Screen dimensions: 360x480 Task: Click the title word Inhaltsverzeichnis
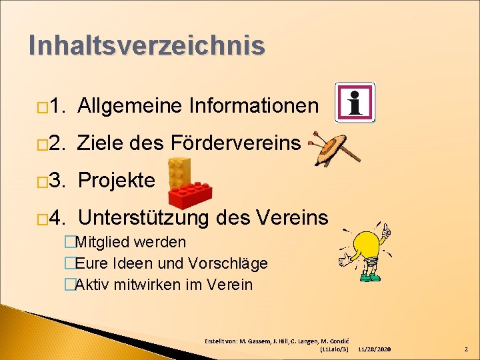[x=147, y=45]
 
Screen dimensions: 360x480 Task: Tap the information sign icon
[x=355, y=102]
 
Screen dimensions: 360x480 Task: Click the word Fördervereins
[x=236, y=142]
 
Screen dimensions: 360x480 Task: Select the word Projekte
[x=117, y=180]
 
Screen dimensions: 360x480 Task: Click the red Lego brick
[x=190, y=194]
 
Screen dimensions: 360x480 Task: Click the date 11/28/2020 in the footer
[x=374, y=349]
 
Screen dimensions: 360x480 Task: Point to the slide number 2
[x=466, y=349]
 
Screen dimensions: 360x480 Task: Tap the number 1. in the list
[x=58, y=105]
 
